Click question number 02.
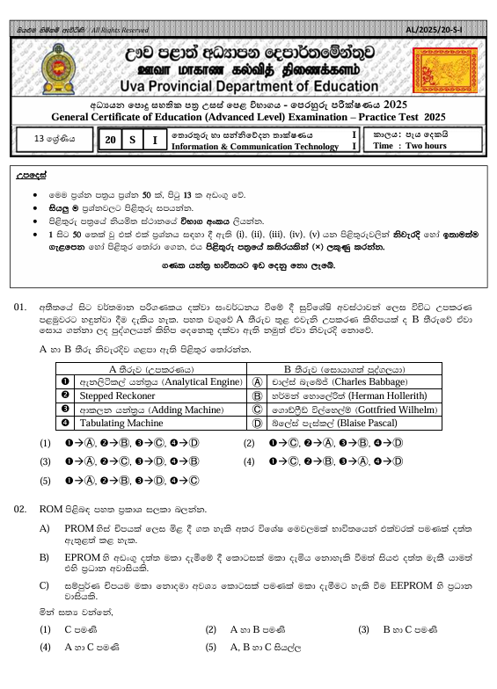(21, 509)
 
